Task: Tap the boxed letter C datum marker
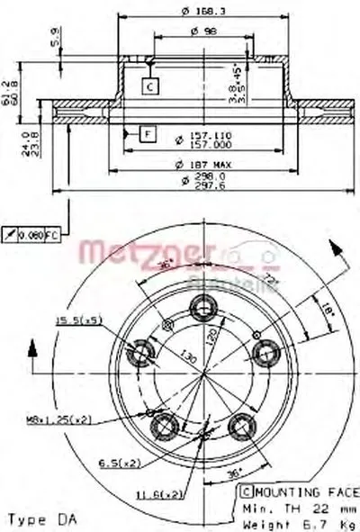[x=149, y=86]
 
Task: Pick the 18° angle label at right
[x=329, y=309]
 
